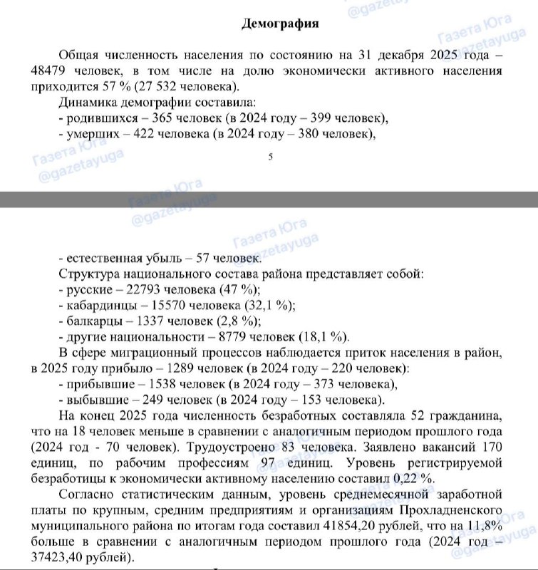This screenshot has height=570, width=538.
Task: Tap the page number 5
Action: tap(270, 158)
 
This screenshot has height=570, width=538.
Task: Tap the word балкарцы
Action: tap(90, 321)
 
